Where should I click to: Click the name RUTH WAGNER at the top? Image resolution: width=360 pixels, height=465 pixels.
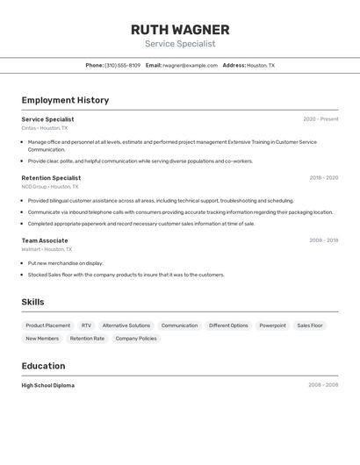click(x=180, y=30)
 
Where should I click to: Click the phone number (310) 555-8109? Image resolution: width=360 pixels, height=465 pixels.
click(x=122, y=65)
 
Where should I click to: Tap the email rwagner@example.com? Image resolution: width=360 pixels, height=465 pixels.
click(x=190, y=65)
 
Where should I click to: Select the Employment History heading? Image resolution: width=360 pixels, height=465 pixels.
click(x=65, y=100)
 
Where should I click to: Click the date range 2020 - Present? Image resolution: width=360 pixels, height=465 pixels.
click(x=320, y=119)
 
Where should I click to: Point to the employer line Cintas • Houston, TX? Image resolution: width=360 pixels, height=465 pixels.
click(x=44, y=128)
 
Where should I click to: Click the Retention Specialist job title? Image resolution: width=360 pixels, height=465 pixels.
click(x=51, y=178)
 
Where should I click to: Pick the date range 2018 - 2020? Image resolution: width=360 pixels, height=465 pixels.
click(x=323, y=178)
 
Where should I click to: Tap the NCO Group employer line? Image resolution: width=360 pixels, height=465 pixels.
click(x=50, y=187)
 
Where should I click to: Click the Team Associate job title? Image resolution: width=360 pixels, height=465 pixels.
click(x=45, y=240)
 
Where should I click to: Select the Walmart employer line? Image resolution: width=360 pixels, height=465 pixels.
click(x=47, y=249)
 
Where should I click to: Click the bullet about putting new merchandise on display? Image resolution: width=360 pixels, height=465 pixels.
click(x=65, y=263)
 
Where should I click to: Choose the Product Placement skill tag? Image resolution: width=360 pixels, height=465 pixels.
click(x=48, y=325)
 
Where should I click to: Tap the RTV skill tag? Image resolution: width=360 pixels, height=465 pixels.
click(x=86, y=325)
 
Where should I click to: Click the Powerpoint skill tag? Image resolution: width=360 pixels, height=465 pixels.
click(x=272, y=325)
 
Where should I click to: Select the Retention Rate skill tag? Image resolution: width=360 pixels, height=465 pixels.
click(x=87, y=339)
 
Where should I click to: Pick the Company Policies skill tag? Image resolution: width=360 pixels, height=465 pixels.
click(x=136, y=339)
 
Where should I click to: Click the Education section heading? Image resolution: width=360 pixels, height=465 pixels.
click(x=43, y=366)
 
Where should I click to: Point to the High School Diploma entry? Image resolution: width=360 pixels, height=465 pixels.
click(x=48, y=385)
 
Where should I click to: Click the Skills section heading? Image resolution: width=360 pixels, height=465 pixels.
click(x=33, y=302)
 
